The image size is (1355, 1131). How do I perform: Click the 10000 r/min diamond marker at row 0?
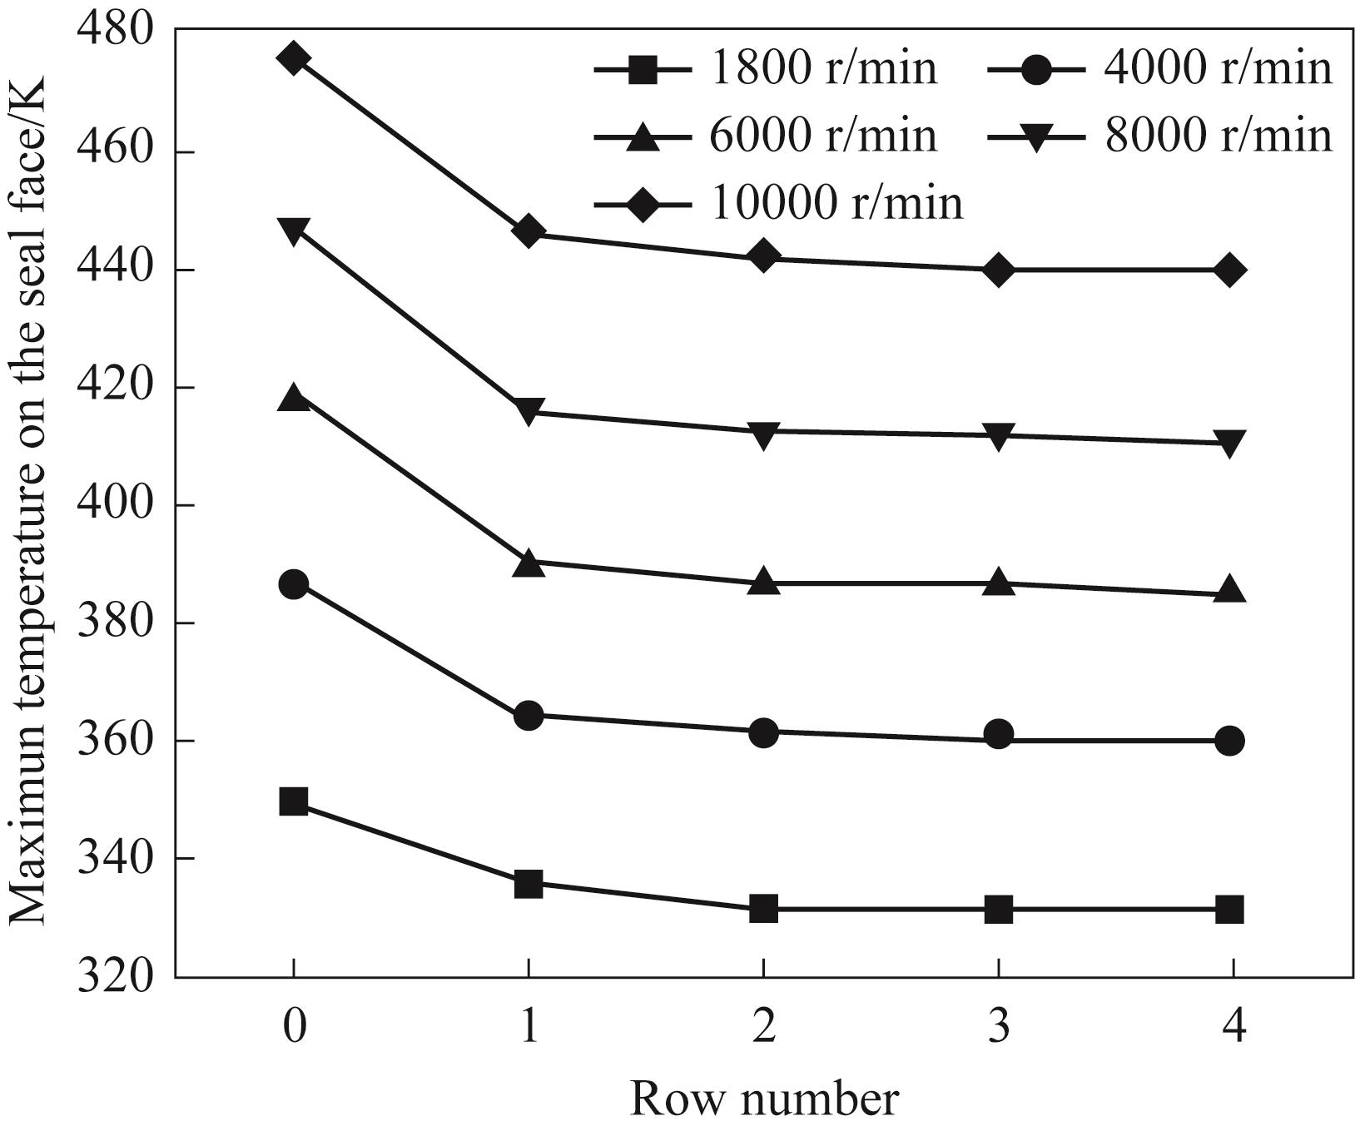[x=294, y=59]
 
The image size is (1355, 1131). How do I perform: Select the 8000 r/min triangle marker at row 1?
[x=529, y=410]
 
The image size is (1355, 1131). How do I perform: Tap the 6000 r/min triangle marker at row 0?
[x=294, y=398]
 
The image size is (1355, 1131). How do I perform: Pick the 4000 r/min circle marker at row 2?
[x=763, y=732]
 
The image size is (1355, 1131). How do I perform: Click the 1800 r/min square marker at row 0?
[x=294, y=802]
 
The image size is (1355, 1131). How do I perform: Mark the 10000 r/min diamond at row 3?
[x=998, y=270]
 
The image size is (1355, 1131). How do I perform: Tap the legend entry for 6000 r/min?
[x=766, y=136]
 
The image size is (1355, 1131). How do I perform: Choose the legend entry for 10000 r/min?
[x=779, y=203]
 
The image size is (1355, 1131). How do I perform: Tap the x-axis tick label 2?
[x=763, y=1026]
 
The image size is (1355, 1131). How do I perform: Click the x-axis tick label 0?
[x=294, y=1026]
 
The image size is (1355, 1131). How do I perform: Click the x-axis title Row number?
[x=763, y=1099]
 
